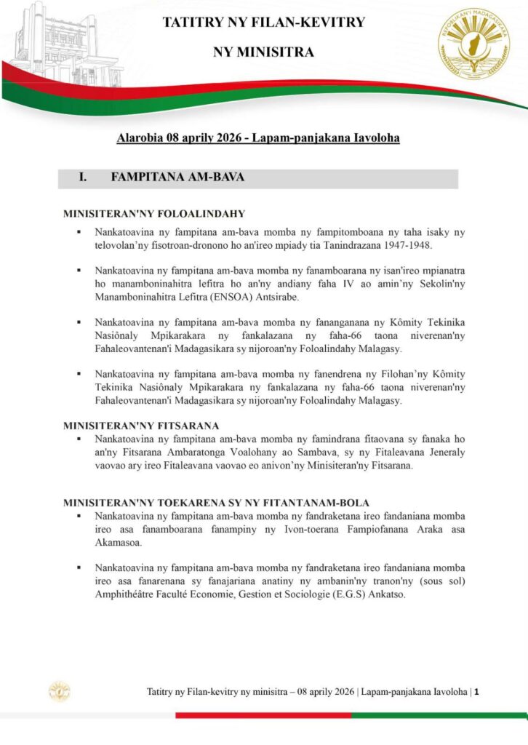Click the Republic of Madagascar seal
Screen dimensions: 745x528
coord(473,44)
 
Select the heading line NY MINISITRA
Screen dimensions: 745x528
coord(263,52)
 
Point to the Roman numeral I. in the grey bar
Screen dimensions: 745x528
coord(83,178)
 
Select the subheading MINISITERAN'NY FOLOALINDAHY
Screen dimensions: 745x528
coord(153,214)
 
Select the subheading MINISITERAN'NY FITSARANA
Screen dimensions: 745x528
coord(141,425)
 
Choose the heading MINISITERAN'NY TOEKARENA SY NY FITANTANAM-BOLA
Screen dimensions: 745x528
coord(216,503)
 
